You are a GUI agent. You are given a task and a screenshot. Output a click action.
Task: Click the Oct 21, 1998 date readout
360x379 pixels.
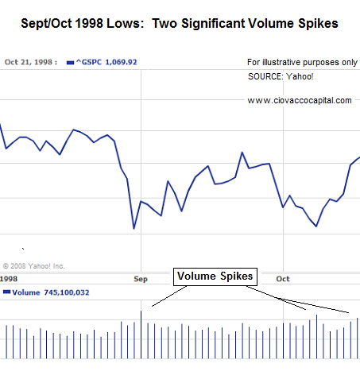click(31, 60)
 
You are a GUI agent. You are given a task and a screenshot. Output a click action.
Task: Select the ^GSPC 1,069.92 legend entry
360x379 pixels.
click(103, 60)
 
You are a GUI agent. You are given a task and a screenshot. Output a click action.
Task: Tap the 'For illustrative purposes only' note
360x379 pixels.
click(301, 61)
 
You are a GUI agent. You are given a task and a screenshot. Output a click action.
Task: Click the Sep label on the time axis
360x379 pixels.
click(141, 279)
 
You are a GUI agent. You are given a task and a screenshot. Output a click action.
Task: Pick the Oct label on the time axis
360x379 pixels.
click(282, 279)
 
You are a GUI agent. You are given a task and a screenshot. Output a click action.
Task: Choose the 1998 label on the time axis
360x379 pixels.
click(10, 279)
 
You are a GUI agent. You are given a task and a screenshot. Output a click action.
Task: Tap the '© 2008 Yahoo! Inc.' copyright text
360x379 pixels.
click(34, 266)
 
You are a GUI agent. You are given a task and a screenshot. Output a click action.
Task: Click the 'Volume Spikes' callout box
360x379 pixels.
click(215, 277)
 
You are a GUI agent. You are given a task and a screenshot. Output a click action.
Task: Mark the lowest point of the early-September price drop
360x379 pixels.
click(134, 229)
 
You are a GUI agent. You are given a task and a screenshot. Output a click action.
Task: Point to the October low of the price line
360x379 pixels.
click(316, 226)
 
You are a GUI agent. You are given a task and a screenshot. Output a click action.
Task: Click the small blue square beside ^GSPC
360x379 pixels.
click(70, 60)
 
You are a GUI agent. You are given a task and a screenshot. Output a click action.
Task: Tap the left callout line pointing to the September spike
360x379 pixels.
click(168, 296)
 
